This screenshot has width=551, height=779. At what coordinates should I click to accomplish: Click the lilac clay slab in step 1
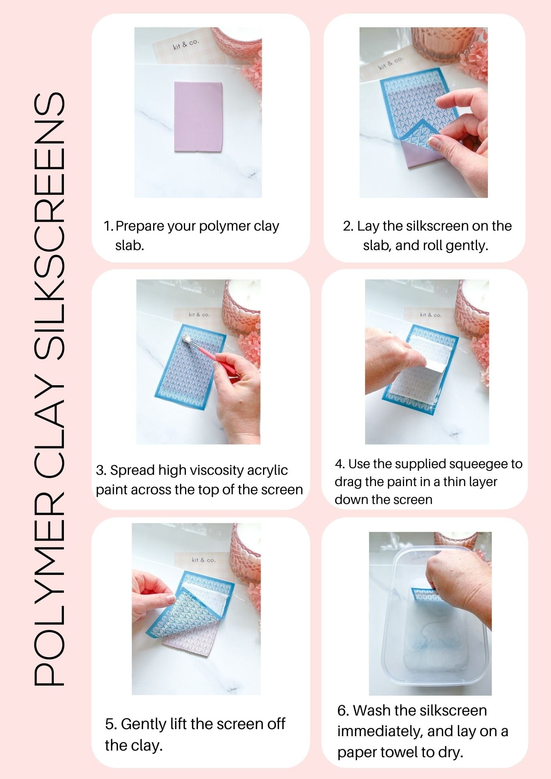pyautogui.click(x=198, y=116)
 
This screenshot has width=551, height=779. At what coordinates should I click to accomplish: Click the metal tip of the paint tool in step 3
pyautogui.click(x=187, y=339)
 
